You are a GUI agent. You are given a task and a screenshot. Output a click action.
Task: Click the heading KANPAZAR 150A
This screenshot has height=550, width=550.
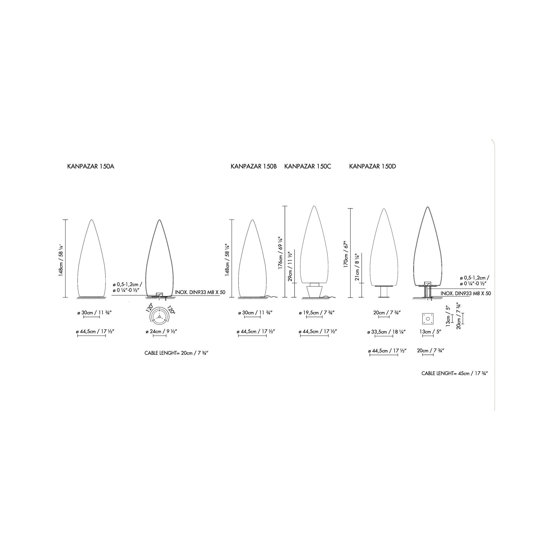point(90,167)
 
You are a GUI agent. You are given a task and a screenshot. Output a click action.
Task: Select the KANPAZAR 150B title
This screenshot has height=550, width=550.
point(254,167)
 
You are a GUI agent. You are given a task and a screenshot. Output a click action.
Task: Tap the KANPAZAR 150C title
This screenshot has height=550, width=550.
point(308,167)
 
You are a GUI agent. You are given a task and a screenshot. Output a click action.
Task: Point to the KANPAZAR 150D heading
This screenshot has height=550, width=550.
point(372,167)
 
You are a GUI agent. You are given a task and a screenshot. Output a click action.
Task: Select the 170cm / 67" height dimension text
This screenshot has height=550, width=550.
point(346,254)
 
